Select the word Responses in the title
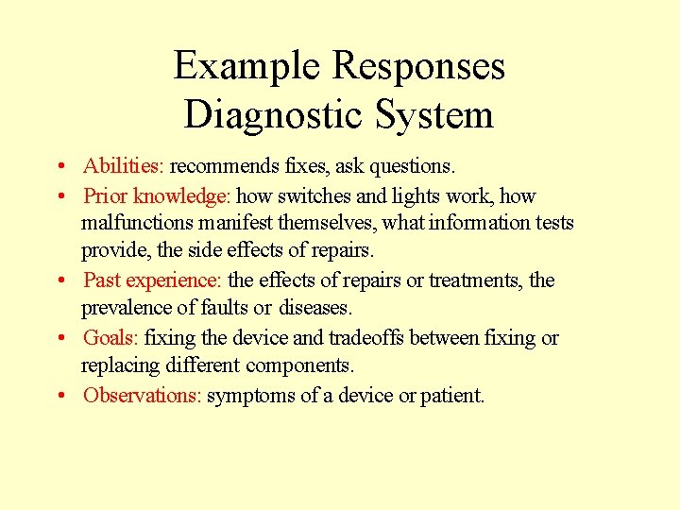[x=419, y=67]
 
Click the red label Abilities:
[x=124, y=167]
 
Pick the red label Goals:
[x=111, y=338]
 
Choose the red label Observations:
[x=142, y=396]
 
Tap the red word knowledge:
[x=181, y=196]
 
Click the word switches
[x=314, y=196]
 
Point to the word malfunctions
[x=137, y=224]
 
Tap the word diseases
[x=315, y=309]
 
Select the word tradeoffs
[x=366, y=338]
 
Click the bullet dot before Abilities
[x=59, y=168]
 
